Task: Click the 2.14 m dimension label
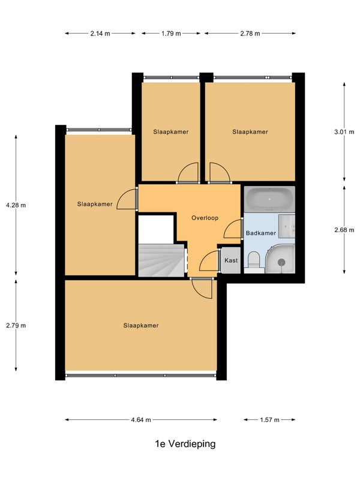100,34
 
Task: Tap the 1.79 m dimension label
171,34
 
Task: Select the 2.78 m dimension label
250,34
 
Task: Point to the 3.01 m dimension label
344,132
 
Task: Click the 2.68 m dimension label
344,230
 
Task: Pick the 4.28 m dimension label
16,205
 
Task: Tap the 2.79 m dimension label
16,325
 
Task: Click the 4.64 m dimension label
141,419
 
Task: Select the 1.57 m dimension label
269,419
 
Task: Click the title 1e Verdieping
185,443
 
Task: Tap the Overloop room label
205,218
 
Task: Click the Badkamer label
261,233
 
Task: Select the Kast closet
231,260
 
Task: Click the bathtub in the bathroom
269,199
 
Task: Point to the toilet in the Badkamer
253,262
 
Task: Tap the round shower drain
281,262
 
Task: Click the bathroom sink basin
287,226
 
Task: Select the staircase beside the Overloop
161,260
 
